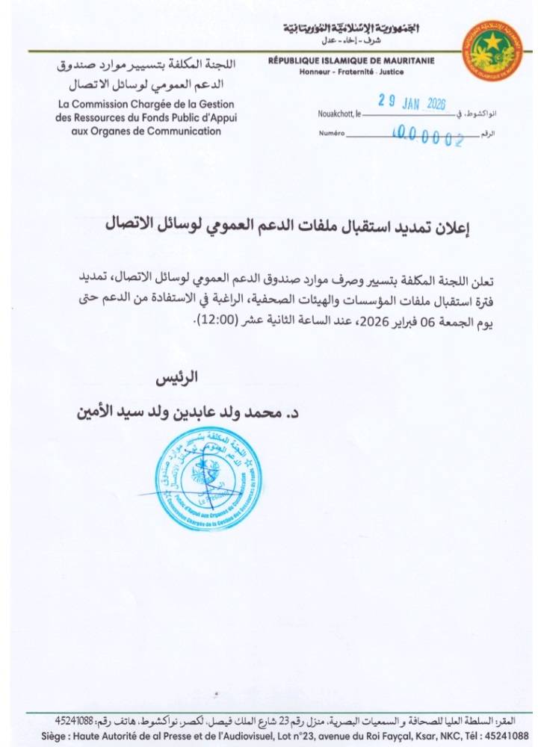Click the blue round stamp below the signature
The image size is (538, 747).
coord(209,477)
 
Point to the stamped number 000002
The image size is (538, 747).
coord(428,137)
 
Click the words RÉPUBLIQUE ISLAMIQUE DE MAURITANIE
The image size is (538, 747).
coord(351,61)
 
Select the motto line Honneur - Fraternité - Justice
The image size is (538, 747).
coord(350,72)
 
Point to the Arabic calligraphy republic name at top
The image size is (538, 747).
coord(350,29)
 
